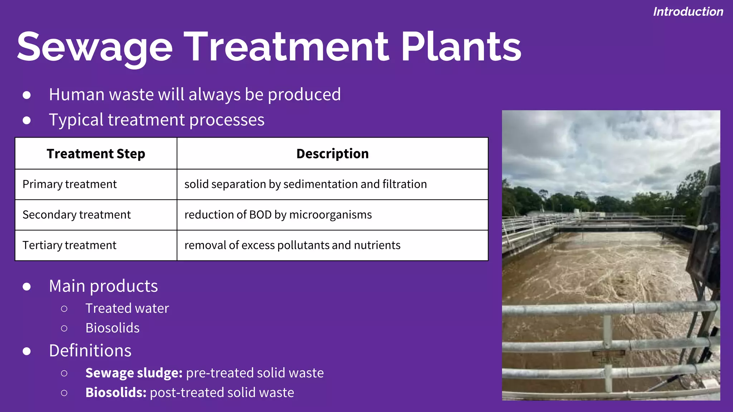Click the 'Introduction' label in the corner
pyautogui.click(x=688, y=12)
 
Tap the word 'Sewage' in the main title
pyautogui.click(x=94, y=47)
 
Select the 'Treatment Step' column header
pyautogui.click(x=96, y=154)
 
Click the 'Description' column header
pyautogui.click(x=332, y=154)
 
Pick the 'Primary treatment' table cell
pyautogui.click(x=69, y=184)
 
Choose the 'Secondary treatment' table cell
pyautogui.click(x=76, y=215)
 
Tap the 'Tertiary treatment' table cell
pyautogui.click(x=69, y=245)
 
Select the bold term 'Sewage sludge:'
pyautogui.click(x=134, y=373)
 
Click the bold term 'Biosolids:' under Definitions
pyautogui.click(x=116, y=393)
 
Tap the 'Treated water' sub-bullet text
pyautogui.click(x=127, y=308)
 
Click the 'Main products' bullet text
pyautogui.click(x=103, y=286)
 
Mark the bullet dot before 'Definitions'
pyautogui.click(x=26, y=351)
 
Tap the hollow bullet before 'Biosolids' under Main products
pyautogui.click(x=64, y=328)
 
